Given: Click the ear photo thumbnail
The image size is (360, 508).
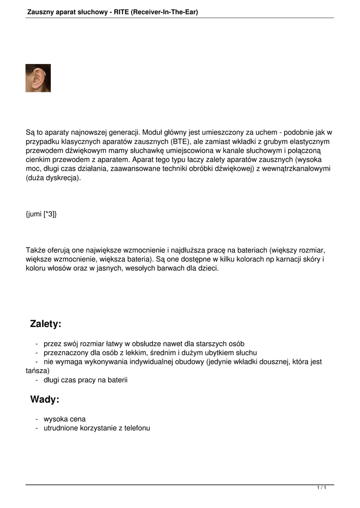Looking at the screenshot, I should [x=38, y=78].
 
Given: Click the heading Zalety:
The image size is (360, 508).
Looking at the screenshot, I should [x=46, y=324].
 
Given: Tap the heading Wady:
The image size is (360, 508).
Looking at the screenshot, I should [x=45, y=399].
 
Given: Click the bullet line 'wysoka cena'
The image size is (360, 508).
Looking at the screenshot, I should [x=65, y=419].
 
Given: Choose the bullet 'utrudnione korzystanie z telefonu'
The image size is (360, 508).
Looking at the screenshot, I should [x=97, y=428].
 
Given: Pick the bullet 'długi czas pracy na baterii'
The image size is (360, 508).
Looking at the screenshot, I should [x=85, y=380].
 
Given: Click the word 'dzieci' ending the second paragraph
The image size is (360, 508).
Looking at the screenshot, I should [x=207, y=268].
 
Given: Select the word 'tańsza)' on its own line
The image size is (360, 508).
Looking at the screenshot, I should [x=38, y=371].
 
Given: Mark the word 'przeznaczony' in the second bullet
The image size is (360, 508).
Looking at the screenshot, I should [x=65, y=353].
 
